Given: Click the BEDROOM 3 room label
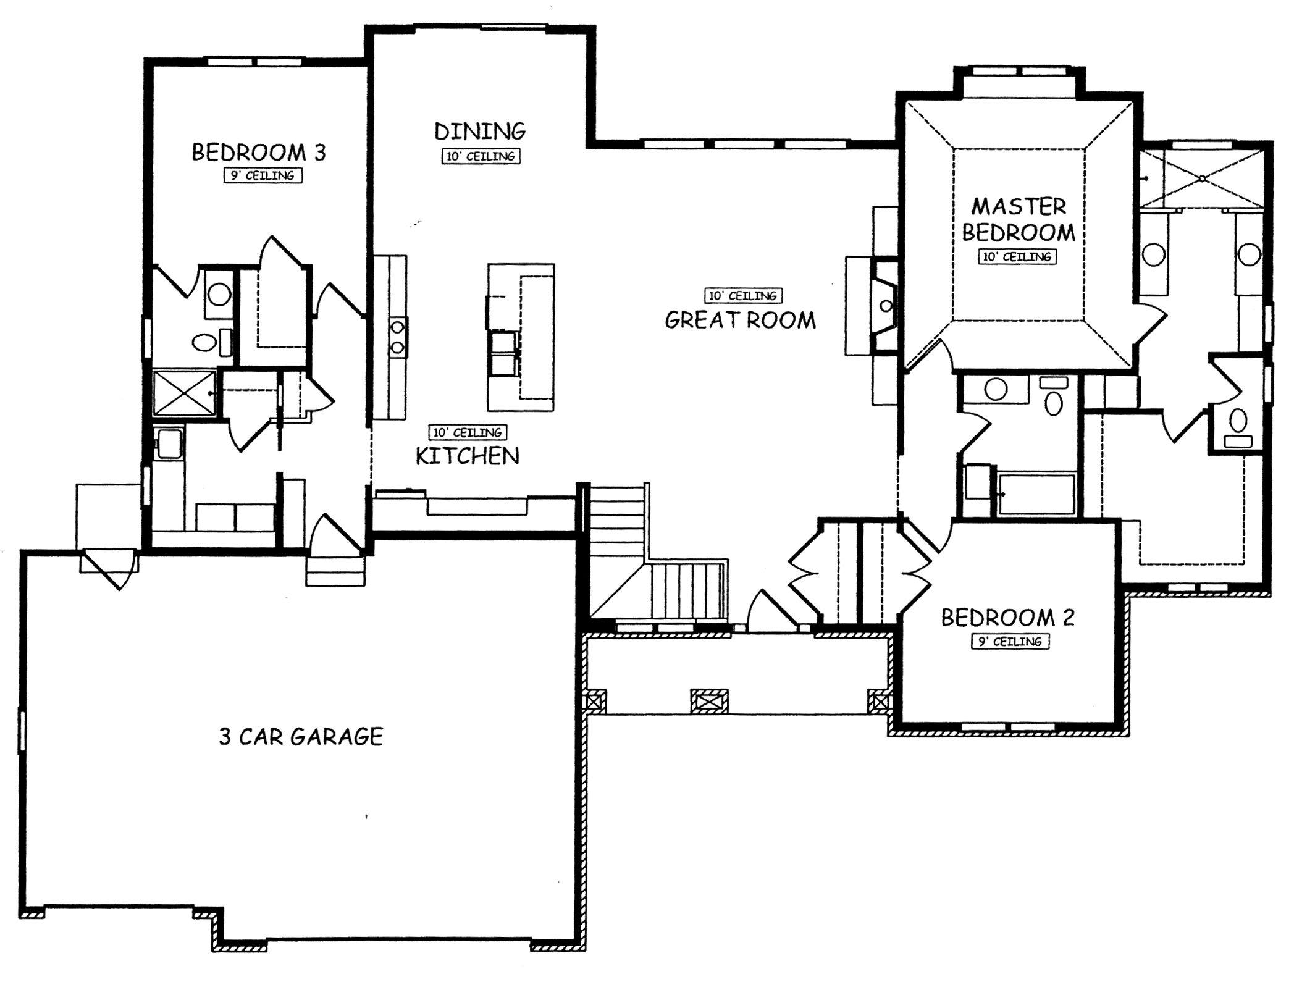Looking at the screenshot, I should click(258, 152).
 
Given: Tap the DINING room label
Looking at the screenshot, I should click(479, 132).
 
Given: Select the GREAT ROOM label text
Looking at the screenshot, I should click(740, 320).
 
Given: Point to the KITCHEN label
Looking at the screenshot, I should click(467, 456).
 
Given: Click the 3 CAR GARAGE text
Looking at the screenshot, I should click(301, 736).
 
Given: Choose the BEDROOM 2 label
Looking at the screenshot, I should click(1007, 618).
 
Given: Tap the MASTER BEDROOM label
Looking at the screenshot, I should click(1019, 219).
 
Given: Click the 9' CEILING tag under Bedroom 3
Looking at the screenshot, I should click(263, 176).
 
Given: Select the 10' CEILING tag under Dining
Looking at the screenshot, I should click(481, 156).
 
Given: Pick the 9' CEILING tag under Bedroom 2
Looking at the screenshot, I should click(1010, 642).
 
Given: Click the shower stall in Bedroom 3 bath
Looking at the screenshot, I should click(183, 393).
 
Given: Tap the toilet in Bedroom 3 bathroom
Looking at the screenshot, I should click(204, 342).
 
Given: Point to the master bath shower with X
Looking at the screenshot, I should click(1202, 178).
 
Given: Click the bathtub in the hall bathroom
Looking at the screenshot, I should click(1036, 493).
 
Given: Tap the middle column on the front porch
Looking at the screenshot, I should click(708, 701).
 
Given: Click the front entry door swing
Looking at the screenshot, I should click(769, 611).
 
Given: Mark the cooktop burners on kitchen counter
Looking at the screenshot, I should click(397, 337).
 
